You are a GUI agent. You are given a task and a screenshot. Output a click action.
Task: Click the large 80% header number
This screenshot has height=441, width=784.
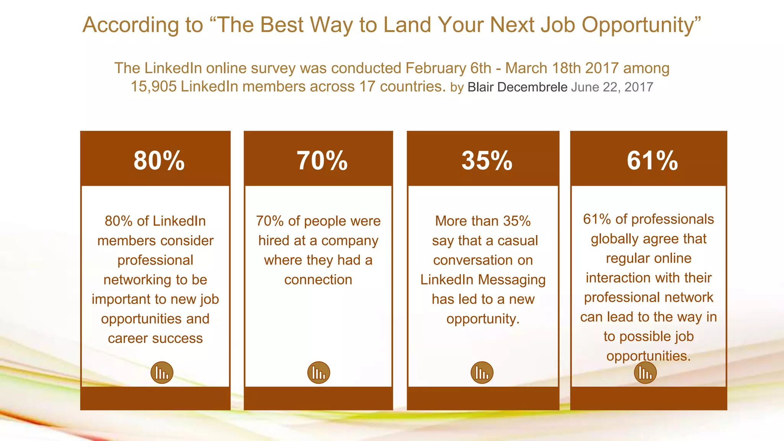159,160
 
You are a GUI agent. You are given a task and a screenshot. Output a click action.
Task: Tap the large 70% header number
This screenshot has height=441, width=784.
322,160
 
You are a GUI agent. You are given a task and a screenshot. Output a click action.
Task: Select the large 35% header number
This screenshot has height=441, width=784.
487,160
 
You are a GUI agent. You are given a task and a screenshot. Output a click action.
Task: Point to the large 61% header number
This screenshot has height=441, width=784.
652,160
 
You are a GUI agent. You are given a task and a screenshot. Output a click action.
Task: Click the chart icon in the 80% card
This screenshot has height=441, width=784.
162,372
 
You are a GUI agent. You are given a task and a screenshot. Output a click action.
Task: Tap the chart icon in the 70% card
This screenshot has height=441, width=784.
318,372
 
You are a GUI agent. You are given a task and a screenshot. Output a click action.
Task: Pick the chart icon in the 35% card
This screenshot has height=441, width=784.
482,372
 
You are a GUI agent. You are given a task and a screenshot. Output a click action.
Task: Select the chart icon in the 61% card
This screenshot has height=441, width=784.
645,373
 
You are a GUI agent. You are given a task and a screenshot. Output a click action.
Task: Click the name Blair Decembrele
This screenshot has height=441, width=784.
517,87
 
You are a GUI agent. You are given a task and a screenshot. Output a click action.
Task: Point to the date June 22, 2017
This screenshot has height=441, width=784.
612,87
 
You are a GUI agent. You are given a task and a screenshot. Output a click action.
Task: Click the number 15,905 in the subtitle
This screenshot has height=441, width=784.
153,87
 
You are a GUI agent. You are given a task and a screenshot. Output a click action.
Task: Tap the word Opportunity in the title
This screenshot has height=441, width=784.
641,25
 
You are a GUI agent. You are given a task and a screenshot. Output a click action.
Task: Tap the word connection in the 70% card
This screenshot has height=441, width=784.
318,280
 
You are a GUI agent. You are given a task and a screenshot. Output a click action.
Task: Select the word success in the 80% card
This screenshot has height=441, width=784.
179,338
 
